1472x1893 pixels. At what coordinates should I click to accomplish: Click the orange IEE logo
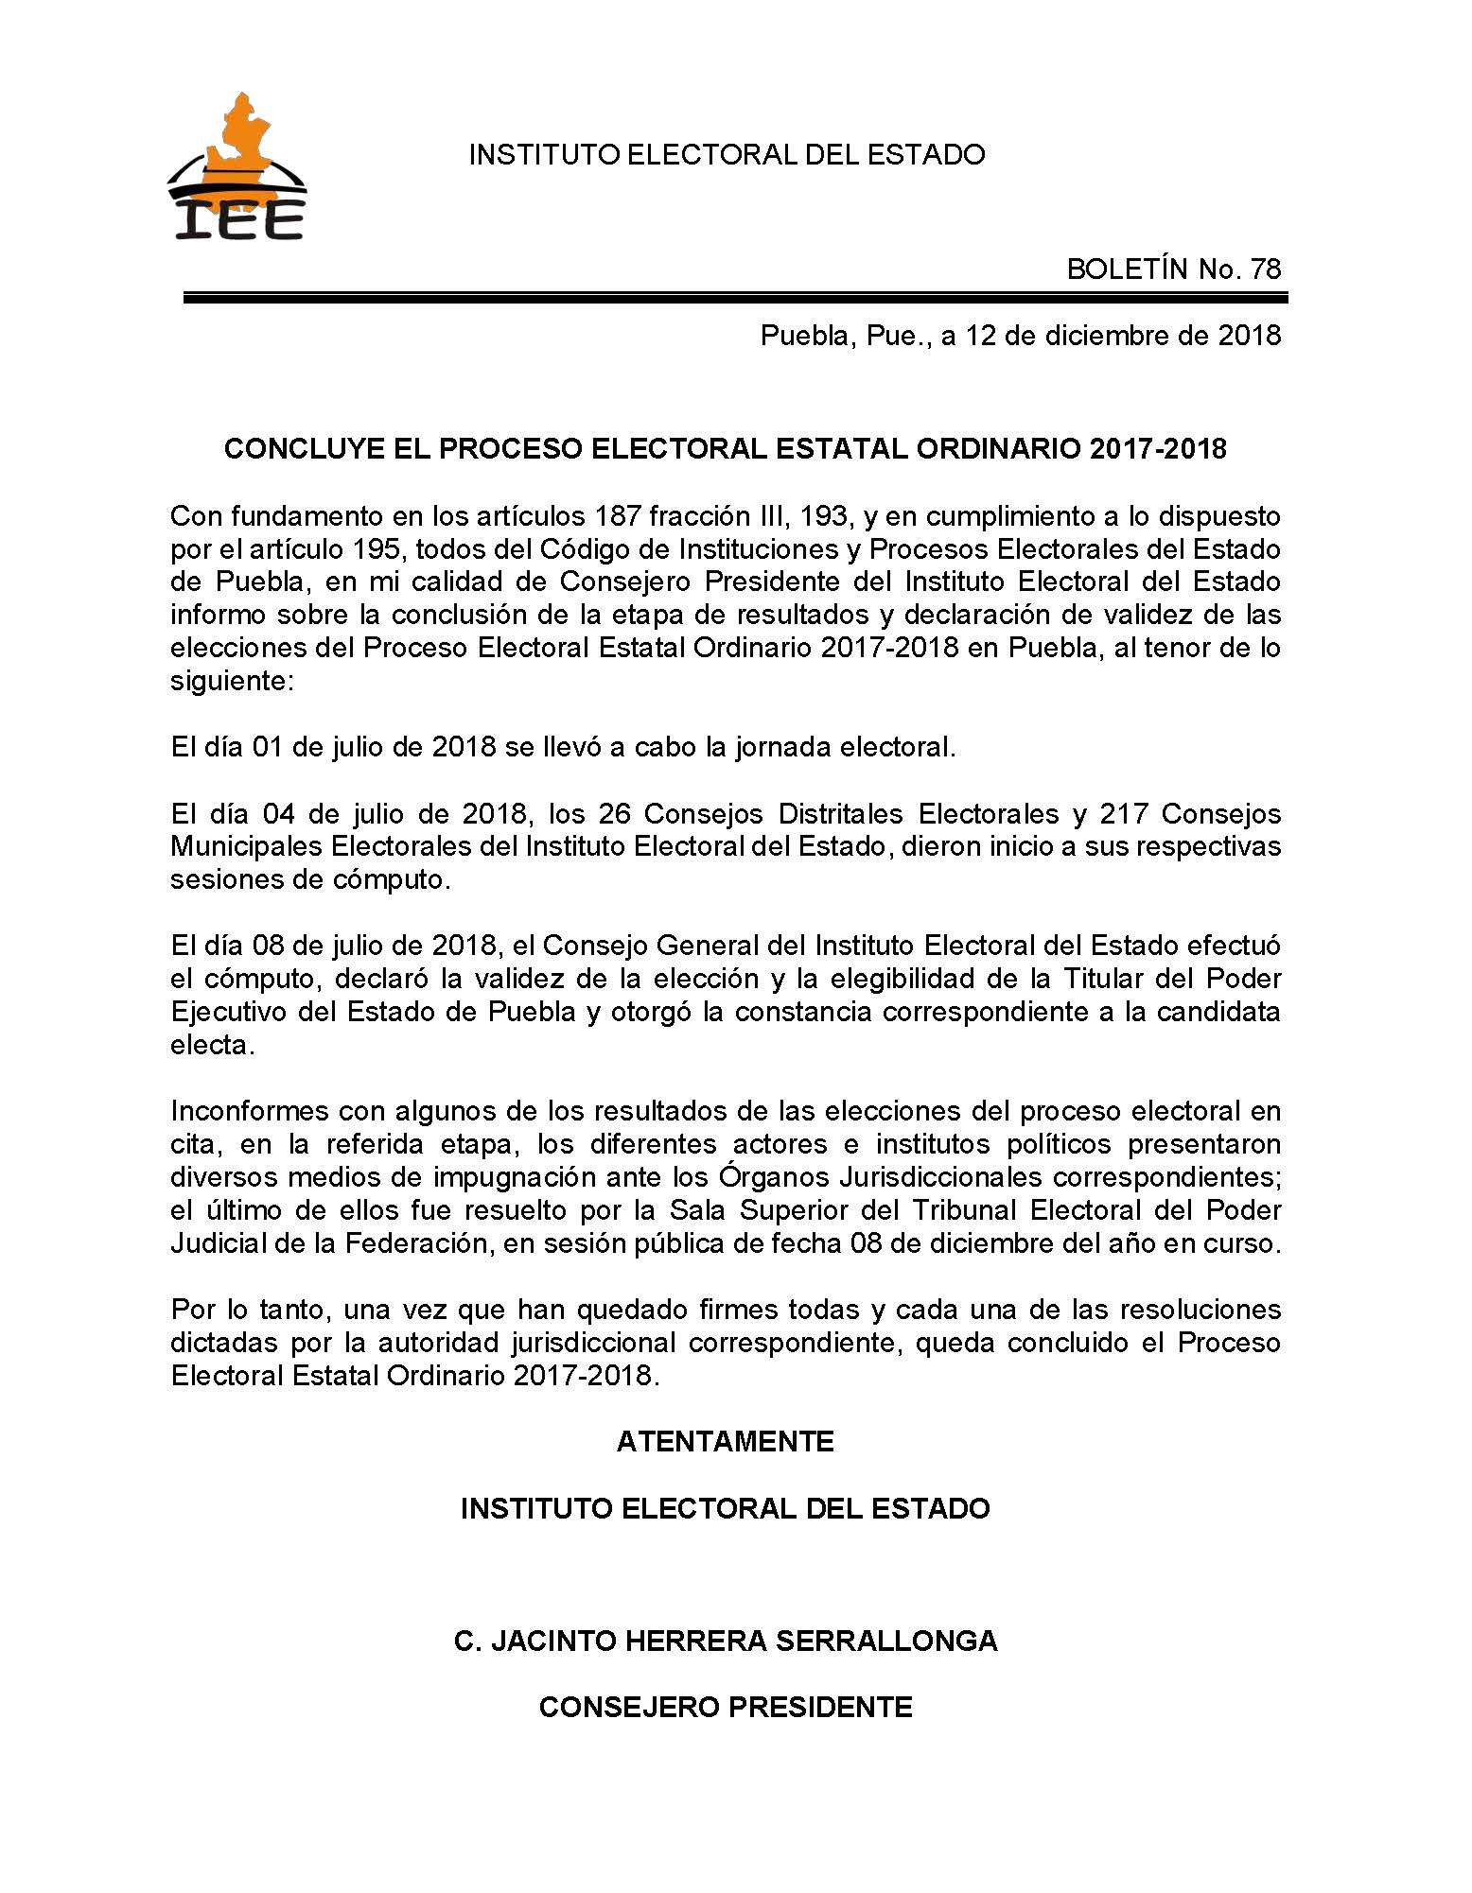pyautogui.click(x=237, y=168)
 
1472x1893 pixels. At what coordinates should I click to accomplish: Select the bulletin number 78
pyautogui.click(x=1265, y=269)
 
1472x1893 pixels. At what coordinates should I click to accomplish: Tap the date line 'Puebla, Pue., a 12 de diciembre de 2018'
pyautogui.click(x=1020, y=336)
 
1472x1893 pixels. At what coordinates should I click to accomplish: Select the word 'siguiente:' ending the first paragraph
pyautogui.click(x=232, y=681)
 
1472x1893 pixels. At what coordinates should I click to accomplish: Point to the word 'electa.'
pyautogui.click(x=212, y=1045)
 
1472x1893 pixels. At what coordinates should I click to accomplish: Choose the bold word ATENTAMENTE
pyautogui.click(x=725, y=1441)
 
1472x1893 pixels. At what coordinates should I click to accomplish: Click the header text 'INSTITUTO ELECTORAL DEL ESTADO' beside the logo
pyautogui.click(x=727, y=154)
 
